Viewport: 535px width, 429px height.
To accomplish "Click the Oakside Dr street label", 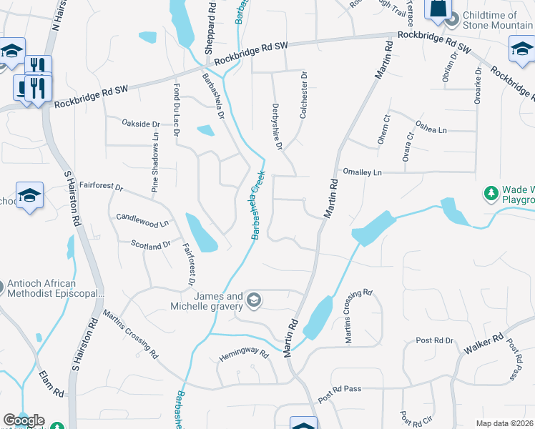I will click(140, 124).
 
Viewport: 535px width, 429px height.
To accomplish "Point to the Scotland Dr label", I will click(151, 245).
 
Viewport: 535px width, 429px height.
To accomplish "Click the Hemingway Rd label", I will click(243, 354).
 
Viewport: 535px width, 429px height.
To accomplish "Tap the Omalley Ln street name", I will click(363, 172).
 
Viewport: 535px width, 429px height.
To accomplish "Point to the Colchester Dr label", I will click(304, 94).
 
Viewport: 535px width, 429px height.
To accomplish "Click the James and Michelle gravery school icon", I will click(254, 302).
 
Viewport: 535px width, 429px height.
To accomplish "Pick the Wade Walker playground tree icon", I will click(491, 194).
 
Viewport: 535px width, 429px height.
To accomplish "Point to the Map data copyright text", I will click(504, 423).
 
